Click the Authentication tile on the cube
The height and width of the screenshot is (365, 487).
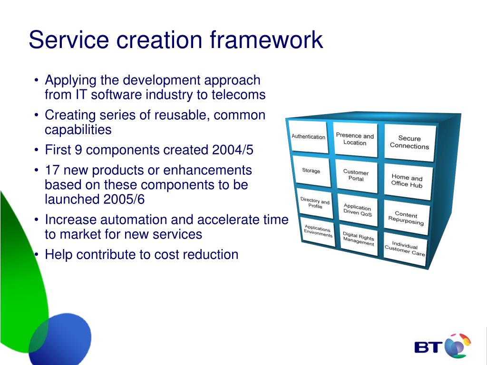[308, 137]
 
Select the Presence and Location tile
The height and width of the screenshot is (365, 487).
[355, 139]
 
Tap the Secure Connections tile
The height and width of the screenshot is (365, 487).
[409, 143]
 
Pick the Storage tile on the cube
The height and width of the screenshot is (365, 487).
[311, 171]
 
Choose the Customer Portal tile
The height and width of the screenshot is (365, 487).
[356, 175]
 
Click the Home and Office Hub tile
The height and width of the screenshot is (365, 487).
[407, 181]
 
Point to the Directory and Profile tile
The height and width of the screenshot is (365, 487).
[314, 203]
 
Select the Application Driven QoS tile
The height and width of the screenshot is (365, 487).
[357, 210]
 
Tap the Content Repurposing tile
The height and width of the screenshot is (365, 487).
[406, 217]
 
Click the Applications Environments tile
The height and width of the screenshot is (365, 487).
[318, 231]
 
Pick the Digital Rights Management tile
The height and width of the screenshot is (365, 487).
[359, 239]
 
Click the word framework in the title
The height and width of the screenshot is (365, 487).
[267, 40]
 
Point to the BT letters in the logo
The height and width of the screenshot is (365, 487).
[429, 347]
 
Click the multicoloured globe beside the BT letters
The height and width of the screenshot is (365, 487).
[458, 345]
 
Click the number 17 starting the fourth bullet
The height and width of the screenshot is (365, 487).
[52, 170]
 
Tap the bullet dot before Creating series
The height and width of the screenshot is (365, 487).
[37, 115]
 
